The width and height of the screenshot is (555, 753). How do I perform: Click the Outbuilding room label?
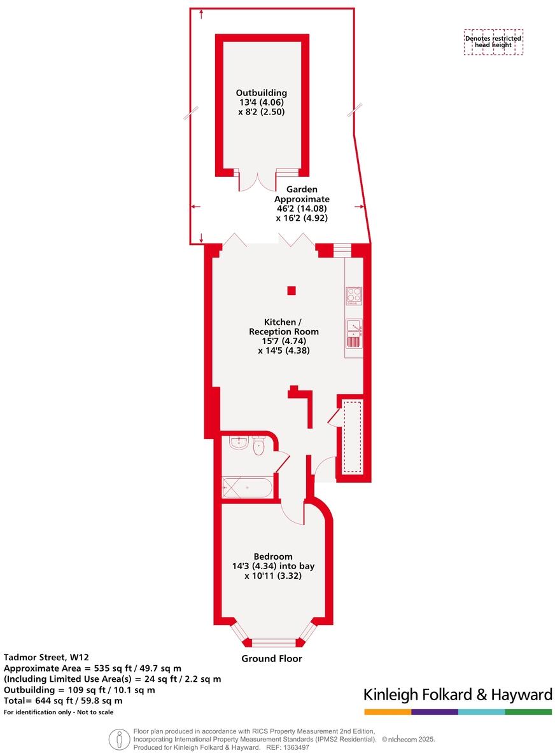[x=261, y=102]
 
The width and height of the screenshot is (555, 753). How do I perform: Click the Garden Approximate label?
[x=302, y=204]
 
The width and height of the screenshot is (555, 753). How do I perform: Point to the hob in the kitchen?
[x=354, y=296]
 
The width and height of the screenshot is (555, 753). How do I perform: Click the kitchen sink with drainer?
[x=354, y=334]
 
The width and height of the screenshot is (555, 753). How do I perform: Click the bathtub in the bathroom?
[x=248, y=488]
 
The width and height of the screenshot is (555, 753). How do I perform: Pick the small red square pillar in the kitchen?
[x=291, y=291]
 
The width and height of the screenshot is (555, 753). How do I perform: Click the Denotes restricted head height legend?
[x=493, y=42]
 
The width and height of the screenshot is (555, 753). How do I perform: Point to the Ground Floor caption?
[x=272, y=659]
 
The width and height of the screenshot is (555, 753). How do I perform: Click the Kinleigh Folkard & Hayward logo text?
[x=457, y=694]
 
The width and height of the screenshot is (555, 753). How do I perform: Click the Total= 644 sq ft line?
[x=63, y=700]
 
